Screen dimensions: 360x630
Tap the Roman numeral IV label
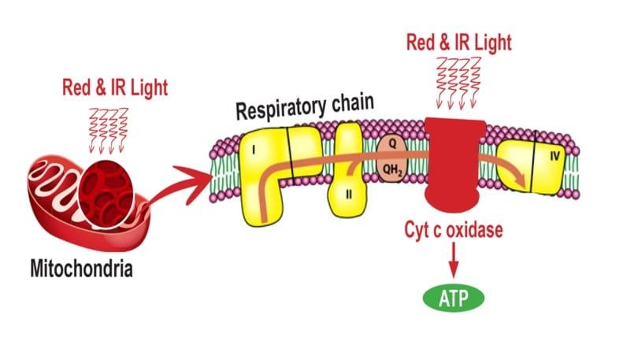pyautogui.click(x=554, y=155)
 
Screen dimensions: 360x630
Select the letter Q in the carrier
pyautogui.click(x=387, y=143)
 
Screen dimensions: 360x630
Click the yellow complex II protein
pyautogui.click(x=347, y=169)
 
